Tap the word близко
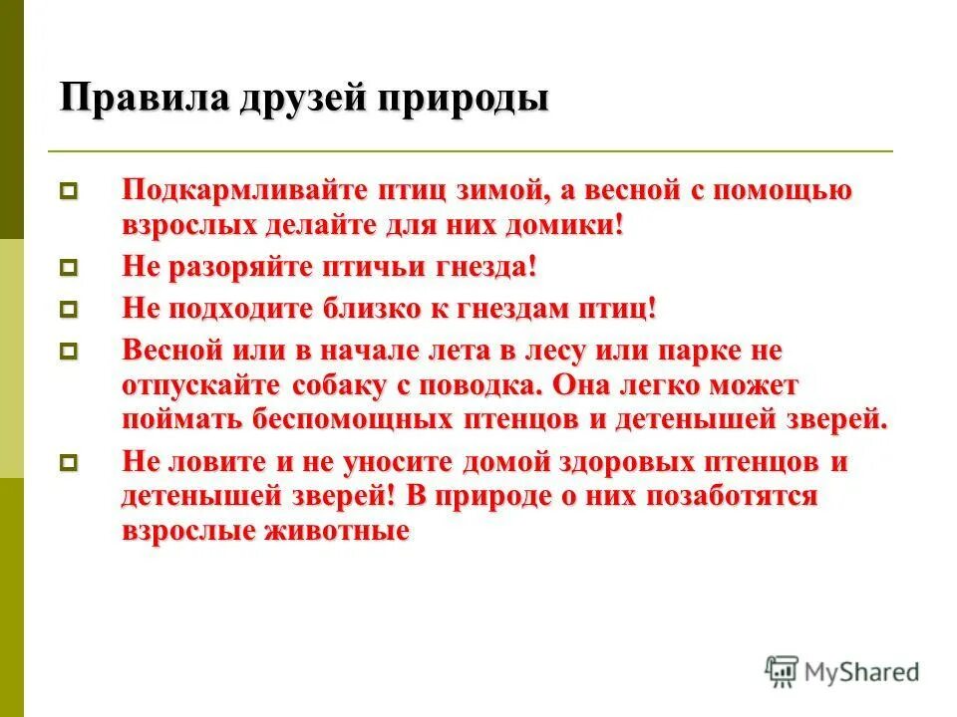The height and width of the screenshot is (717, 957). click(373, 309)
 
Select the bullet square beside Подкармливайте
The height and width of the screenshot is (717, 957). click(69, 190)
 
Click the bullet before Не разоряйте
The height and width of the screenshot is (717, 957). click(69, 268)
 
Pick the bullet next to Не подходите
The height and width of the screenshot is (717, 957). click(69, 309)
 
